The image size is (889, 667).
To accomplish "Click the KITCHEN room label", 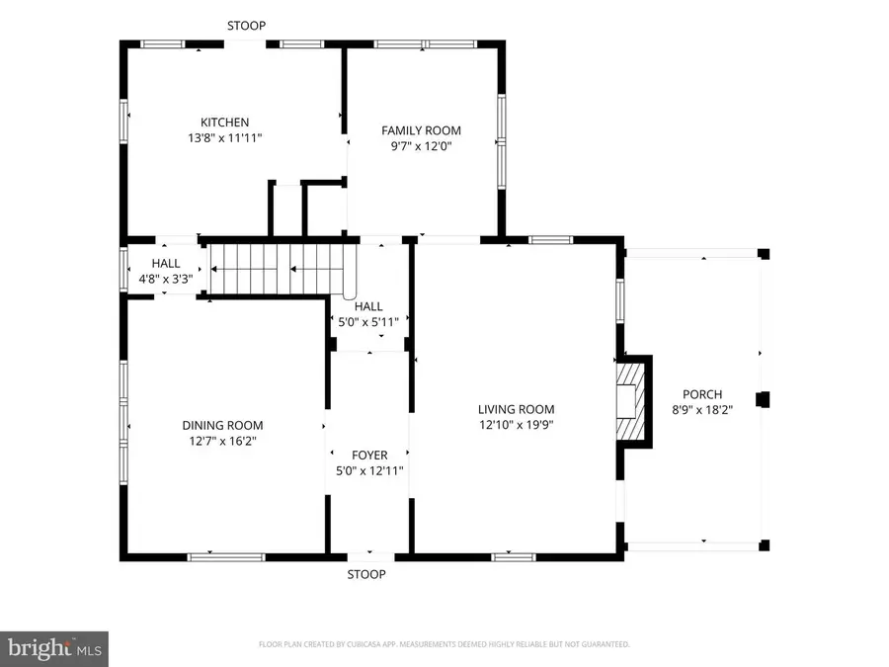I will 225,123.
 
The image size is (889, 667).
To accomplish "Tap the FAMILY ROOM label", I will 422,130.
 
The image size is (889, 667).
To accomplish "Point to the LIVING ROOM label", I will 516,409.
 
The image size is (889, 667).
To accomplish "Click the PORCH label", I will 702,394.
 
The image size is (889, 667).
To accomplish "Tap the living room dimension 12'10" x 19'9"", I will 516,425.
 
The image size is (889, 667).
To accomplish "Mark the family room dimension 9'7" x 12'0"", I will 422,146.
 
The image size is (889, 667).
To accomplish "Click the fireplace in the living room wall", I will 630,401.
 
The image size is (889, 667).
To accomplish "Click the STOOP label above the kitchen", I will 246,26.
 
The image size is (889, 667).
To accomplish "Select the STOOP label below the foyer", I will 365,574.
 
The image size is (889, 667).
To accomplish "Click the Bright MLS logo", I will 53,649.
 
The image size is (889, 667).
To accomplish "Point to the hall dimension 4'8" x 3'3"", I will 166,280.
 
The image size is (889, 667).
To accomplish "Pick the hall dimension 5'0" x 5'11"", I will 369,322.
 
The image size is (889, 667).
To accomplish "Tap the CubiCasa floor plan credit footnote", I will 444,644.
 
